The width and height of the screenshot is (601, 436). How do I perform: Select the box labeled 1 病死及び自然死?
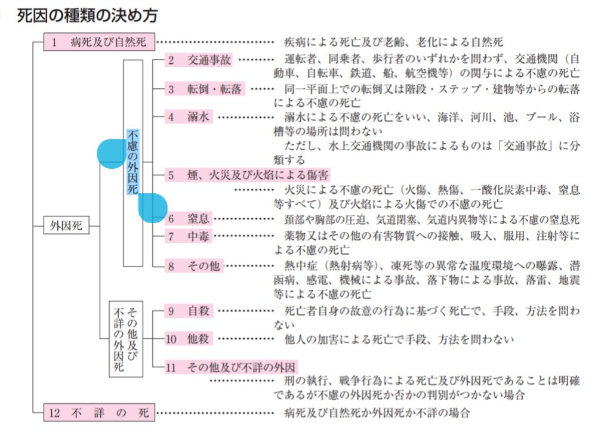[x=99, y=42]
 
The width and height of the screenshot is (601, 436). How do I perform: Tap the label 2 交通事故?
[x=199, y=60]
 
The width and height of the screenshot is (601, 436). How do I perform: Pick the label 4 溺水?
[x=189, y=117]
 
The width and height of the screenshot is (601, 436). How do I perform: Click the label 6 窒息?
[x=189, y=219]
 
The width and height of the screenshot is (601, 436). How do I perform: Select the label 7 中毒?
[x=189, y=236]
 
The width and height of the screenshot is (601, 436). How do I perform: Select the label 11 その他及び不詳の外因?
[x=232, y=367]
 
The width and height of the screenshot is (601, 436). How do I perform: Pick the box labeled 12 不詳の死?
[x=99, y=412]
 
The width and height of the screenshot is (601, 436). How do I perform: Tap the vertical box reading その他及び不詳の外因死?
[x=126, y=338]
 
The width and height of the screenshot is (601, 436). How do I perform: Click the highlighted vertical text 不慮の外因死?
[x=132, y=161]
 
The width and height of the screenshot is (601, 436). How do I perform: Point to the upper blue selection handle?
[x=111, y=153]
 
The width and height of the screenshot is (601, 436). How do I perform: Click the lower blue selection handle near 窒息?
[x=152, y=208]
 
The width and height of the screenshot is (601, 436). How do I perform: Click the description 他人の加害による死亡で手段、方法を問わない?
[x=399, y=339]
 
